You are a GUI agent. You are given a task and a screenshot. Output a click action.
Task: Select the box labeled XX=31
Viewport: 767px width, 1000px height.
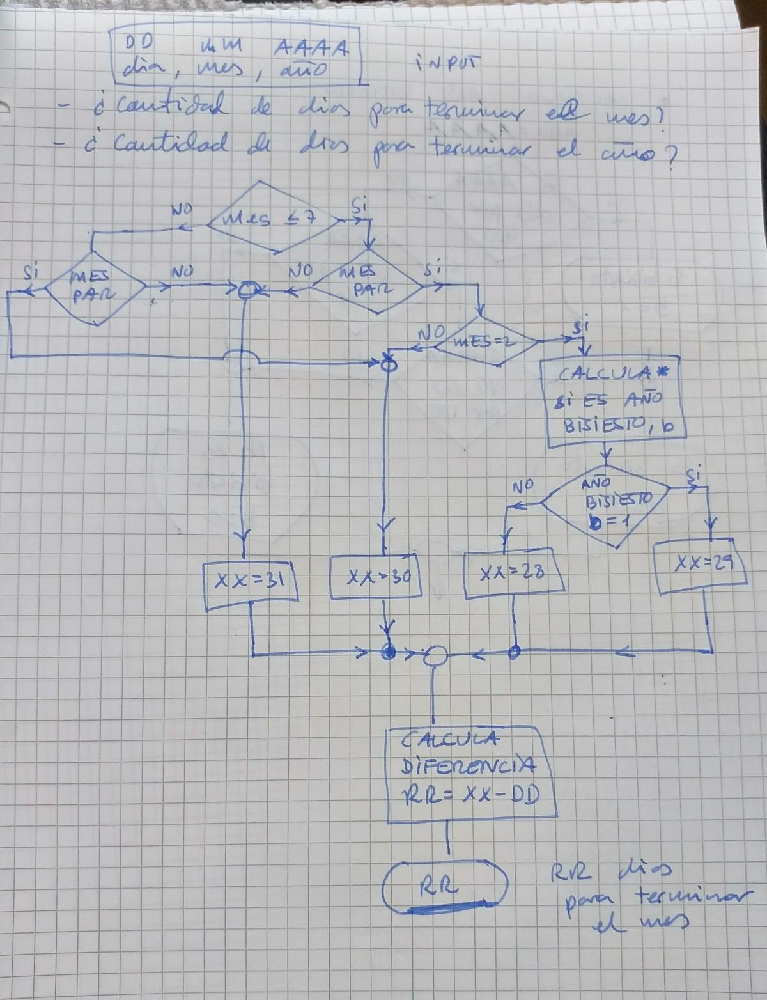click(251, 580)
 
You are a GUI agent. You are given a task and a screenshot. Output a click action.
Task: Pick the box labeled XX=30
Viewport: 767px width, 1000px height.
click(377, 577)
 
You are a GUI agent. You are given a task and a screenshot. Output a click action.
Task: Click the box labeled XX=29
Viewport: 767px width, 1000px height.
click(702, 563)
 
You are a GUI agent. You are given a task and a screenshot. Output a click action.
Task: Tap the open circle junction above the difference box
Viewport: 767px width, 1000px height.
click(437, 655)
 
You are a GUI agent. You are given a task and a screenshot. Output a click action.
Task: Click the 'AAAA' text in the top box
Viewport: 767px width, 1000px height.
click(312, 48)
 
